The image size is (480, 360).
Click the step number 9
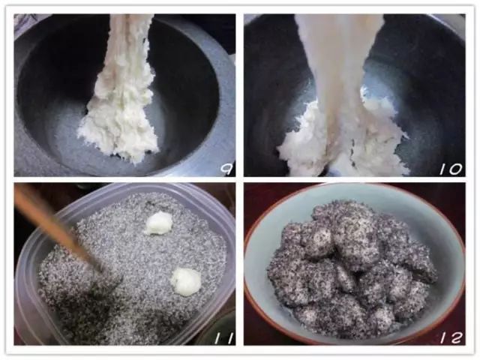pyautogui.click(x=227, y=169)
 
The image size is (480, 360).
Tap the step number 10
pyautogui.click(x=450, y=169)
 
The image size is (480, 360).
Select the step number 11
pyautogui.click(x=223, y=338)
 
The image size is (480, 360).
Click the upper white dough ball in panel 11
pyautogui.click(x=158, y=223)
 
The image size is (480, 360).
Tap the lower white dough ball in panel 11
pyautogui.click(x=186, y=282)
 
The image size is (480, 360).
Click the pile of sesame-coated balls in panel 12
pyautogui.click(x=352, y=269)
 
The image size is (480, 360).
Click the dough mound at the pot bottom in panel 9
pyautogui.click(x=119, y=135)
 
